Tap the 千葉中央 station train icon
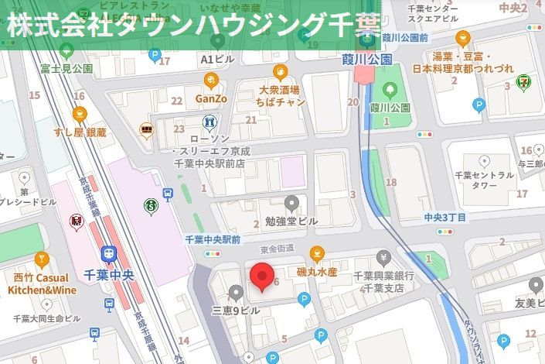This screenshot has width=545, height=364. (x=110, y=253)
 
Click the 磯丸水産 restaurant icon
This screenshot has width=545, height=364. (x=316, y=253)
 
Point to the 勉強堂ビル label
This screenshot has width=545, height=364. (x=291, y=221)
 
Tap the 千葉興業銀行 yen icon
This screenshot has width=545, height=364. (x=383, y=257)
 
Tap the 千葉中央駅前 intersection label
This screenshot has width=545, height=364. (x=213, y=239)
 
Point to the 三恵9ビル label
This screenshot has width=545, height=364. (x=237, y=311)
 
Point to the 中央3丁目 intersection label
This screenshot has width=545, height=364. (x=445, y=218)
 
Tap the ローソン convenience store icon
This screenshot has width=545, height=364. (x=209, y=122)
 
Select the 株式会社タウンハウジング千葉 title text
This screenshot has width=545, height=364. (x=193, y=25)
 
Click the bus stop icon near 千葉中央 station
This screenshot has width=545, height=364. (x=168, y=194)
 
